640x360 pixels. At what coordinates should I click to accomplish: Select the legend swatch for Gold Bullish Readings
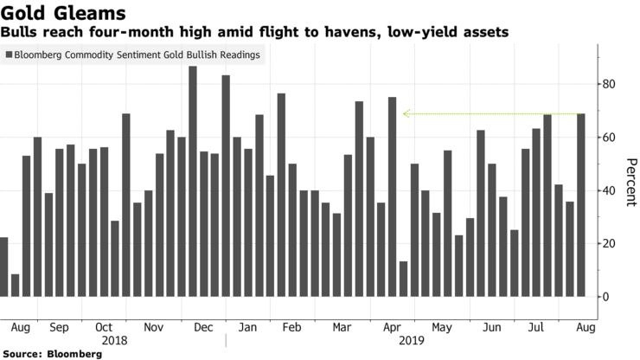pos(9,55)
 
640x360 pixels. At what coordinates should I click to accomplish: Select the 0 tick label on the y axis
pos(605,297)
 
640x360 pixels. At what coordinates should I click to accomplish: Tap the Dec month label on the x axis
pos(204,328)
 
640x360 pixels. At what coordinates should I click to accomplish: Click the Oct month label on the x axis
pos(104,328)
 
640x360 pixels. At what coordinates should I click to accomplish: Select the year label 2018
pos(115,341)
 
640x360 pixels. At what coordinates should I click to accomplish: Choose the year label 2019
pos(411,341)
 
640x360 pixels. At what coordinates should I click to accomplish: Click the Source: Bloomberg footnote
pos(43,354)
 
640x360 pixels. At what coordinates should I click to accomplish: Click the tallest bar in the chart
pos(193,182)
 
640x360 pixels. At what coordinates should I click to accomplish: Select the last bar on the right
pos(580,205)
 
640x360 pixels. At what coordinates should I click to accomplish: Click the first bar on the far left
pos(3,267)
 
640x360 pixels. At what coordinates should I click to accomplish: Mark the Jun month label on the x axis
pos(493,328)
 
